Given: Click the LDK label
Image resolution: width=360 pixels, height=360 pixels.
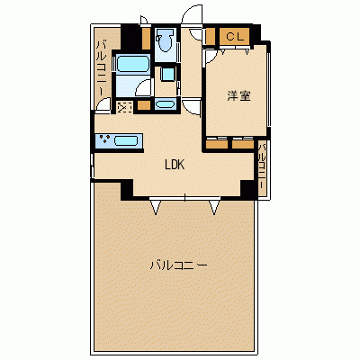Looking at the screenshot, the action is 175,165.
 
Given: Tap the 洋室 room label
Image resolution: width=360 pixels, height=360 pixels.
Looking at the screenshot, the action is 238,95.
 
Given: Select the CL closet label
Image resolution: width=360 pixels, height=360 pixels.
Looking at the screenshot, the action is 234,37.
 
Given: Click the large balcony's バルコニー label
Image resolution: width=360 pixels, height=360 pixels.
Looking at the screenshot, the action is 179,265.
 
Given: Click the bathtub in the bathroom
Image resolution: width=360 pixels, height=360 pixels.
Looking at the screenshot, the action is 132,64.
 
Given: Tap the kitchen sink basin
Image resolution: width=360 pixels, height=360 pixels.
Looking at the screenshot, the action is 126,140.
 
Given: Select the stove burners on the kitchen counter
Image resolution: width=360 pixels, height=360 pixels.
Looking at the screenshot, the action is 104,139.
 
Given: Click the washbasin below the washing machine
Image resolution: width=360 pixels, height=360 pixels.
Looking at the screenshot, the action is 165,104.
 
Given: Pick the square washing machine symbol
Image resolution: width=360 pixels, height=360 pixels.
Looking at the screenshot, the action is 167,74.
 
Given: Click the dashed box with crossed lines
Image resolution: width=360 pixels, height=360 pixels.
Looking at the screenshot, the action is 124,107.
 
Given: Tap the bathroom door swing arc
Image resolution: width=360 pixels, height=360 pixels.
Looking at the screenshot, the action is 143,88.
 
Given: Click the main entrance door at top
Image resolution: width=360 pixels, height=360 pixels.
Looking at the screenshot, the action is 192,15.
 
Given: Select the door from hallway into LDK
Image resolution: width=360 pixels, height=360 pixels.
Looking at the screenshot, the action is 192,107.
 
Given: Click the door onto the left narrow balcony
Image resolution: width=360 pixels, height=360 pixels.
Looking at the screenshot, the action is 103,104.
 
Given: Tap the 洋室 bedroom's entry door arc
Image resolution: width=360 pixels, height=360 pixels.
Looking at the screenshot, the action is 210,57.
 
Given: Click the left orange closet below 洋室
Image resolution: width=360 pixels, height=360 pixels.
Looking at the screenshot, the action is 217,143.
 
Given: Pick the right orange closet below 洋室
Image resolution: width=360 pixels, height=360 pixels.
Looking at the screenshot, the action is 243,143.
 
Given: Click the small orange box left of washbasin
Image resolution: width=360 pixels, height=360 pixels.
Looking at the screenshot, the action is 144,105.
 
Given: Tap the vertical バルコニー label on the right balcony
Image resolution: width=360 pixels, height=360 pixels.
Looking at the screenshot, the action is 262,166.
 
